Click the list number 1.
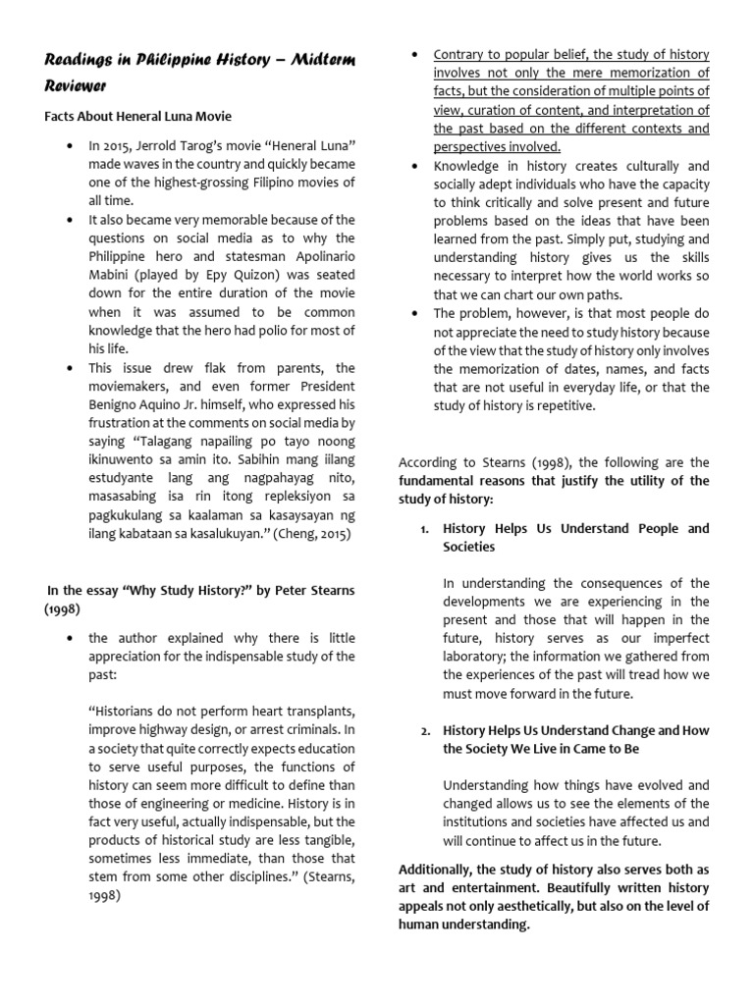point(424,529)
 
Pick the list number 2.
point(425,731)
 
